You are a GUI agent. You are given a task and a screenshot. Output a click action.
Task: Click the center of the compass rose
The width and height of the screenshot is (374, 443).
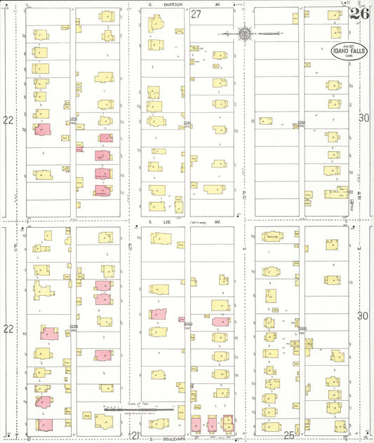click(x=244, y=33)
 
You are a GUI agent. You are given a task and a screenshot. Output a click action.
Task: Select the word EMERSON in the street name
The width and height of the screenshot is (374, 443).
click(x=171, y=4)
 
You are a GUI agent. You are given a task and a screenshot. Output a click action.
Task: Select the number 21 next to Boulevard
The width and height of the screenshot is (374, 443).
click(x=133, y=435)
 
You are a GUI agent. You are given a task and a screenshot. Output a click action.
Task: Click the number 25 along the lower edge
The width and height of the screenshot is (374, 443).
click(x=288, y=435)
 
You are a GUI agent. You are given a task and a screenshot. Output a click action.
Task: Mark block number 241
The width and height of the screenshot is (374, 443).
click(x=187, y=123)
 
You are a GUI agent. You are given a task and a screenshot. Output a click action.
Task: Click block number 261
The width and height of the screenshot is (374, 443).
click(x=302, y=123)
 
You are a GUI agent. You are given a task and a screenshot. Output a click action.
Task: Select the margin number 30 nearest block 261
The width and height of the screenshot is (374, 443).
click(x=363, y=118)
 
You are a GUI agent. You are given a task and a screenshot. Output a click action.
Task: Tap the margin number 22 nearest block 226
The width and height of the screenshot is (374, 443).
click(x=8, y=120)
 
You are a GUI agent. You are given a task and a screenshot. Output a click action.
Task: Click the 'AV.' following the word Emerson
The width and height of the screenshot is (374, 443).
click(x=218, y=4)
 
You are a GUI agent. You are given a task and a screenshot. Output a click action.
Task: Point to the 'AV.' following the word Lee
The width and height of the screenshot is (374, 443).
click(x=218, y=221)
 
